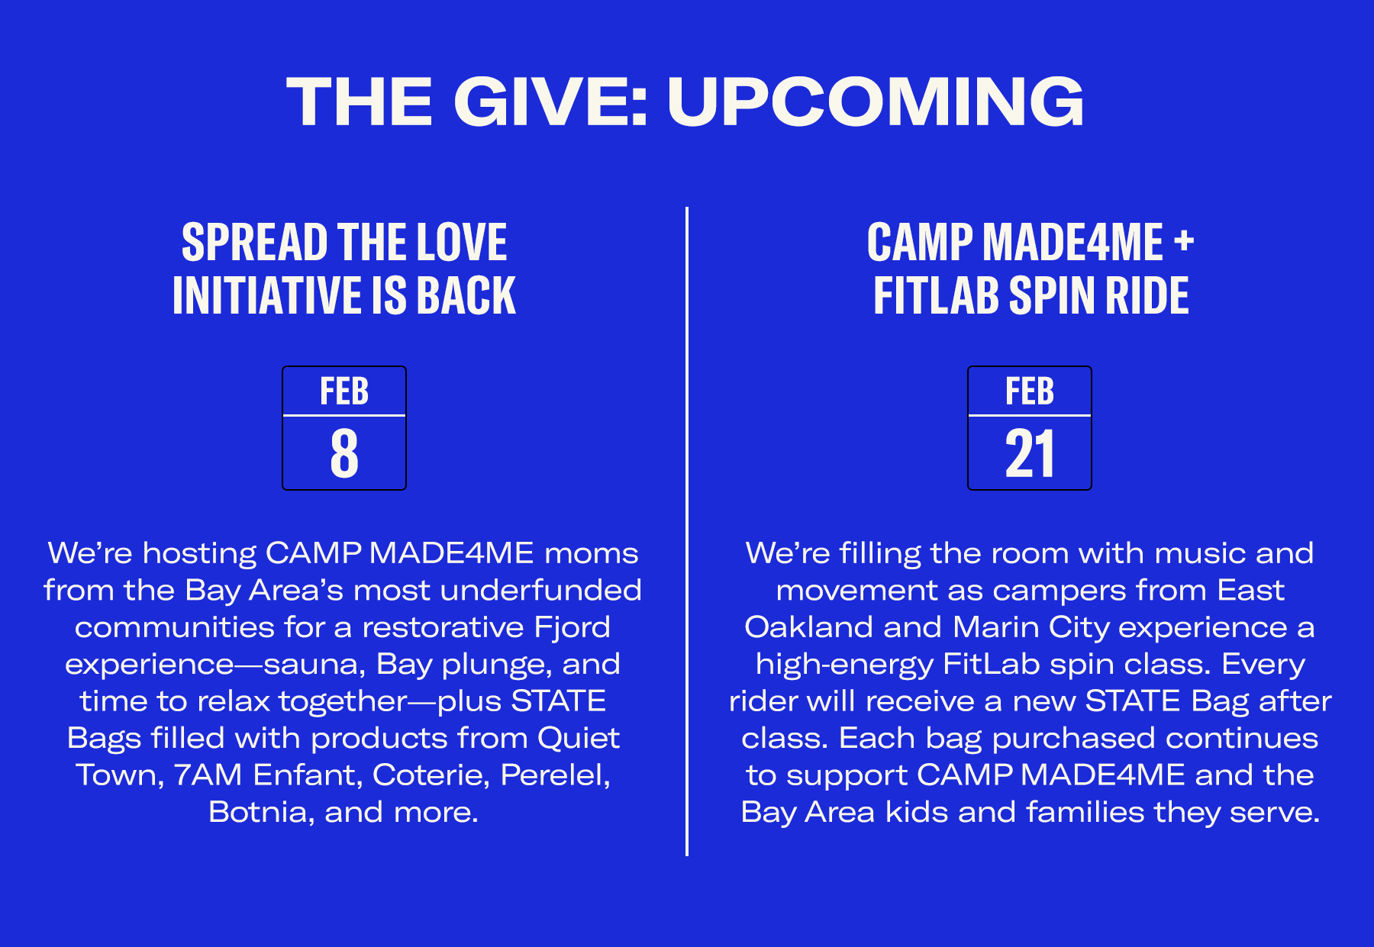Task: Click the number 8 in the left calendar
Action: click(x=344, y=453)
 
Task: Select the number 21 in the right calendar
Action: click(x=1030, y=453)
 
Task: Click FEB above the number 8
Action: click(x=344, y=391)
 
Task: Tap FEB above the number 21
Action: click(x=1030, y=391)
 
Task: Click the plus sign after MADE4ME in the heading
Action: click(x=1184, y=241)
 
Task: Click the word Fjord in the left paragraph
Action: click(x=572, y=627)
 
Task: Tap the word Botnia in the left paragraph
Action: click(x=257, y=812)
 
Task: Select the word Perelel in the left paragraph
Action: click(x=555, y=775)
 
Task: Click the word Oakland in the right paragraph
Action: click(x=808, y=627)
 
